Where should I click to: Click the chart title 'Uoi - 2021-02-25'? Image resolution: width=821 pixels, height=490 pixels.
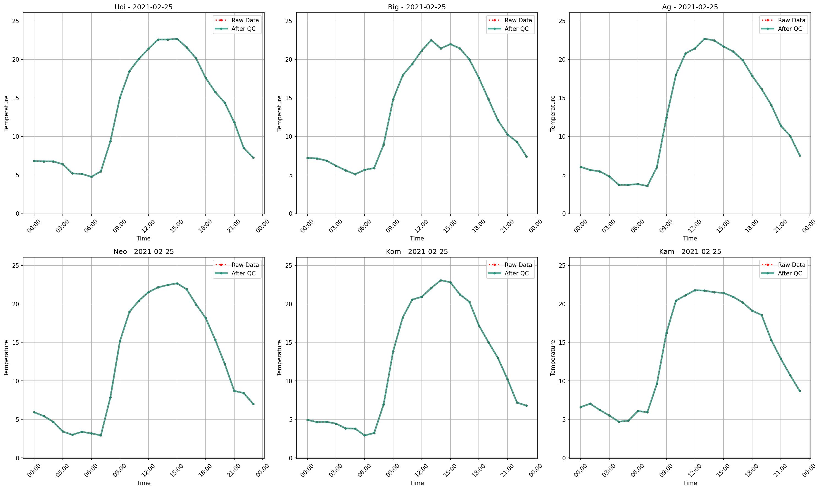tap(143, 7)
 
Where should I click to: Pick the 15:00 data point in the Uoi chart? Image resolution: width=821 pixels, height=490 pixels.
tap(177, 39)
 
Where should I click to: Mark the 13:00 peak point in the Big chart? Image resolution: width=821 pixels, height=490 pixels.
tap(431, 40)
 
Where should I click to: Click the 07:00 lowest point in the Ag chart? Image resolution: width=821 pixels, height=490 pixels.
tap(647, 186)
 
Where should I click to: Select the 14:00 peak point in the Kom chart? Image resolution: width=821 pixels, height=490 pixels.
tap(441, 280)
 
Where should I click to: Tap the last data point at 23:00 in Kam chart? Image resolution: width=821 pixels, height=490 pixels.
tap(800, 391)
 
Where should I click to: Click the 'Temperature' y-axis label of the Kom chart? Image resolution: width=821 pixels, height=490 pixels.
tap(279, 358)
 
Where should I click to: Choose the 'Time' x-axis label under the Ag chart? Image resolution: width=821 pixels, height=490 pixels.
tap(690, 238)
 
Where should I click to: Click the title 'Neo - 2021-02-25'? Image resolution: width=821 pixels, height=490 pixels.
tap(143, 252)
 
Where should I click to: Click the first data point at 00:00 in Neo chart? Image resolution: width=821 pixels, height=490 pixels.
tap(34, 412)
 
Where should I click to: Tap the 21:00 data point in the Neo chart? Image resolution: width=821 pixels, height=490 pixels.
tap(234, 391)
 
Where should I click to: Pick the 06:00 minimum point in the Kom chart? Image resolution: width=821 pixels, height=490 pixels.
tap(365, 436)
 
